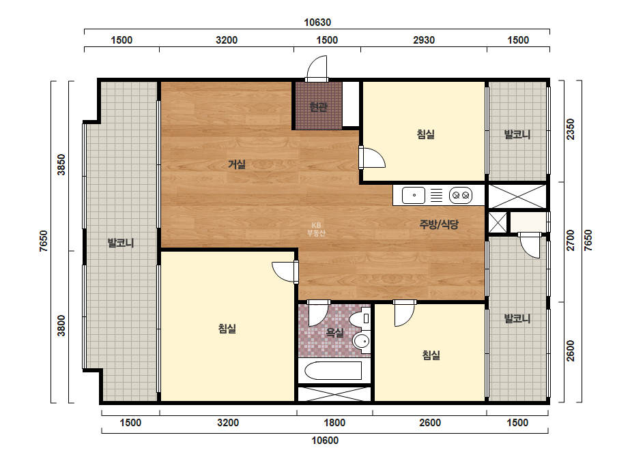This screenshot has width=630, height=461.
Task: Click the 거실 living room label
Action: (237, 164)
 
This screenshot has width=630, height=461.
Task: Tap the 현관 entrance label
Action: (319, 107)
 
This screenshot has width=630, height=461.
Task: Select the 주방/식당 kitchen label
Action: (439, 224)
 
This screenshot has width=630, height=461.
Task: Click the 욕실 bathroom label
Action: (334, 333)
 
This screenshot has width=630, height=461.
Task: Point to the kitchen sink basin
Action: (414, 196)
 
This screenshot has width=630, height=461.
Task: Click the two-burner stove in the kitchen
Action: (461, 196)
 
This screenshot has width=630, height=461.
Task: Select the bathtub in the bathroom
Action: (333, 370)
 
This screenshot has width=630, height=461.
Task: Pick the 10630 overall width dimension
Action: (317, 23)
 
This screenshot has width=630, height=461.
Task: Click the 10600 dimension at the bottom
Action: (325, 441)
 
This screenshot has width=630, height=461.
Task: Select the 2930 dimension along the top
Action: (424, 40)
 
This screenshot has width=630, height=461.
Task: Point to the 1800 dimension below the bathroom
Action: (334, 423)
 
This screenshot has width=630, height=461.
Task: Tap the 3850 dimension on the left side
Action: (61, 164)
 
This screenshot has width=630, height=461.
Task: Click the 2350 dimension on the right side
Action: (571, 130)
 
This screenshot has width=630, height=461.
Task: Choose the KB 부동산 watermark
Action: (316, 229)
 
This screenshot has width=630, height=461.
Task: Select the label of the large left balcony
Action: (121, 243)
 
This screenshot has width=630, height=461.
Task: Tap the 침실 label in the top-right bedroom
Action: (426, 134)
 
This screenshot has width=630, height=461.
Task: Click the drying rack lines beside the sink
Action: (436, 196)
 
